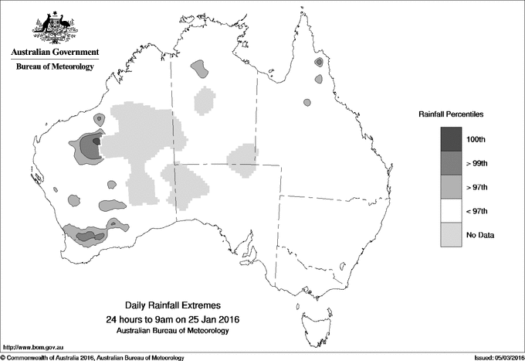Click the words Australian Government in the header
pos(54,53)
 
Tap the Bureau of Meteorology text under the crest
pos(54,67)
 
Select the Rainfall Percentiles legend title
pos(451,114)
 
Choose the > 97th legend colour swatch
pos(451,186)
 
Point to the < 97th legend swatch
pos(451,210)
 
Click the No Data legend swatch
pos(451,234)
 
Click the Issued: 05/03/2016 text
pos(491,357)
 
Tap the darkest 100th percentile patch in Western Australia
pos(95,142)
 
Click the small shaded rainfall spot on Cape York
pos(319,62)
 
